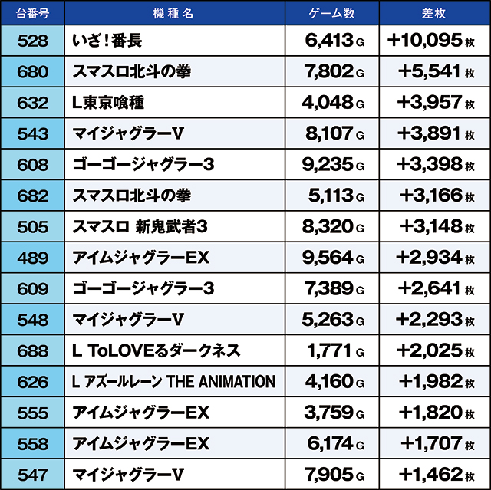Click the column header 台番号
[x=32, y=14]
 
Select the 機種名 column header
[x=174, y=14]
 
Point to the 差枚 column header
[x=434, y=14]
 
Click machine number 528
[x=32, y=41]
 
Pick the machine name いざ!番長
[x=107, y=41]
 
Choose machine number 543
[x=32, y=133]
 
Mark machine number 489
[x=32, y=258]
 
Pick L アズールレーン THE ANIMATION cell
[x=173, y=382]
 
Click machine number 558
[x=32, y=444]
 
